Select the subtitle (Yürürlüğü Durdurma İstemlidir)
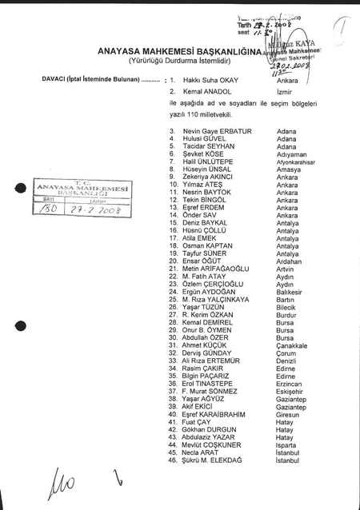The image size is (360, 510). (x=174, y=60)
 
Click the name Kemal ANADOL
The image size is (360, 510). (x=206, y=93)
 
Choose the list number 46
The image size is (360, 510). (x=173, y=460)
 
